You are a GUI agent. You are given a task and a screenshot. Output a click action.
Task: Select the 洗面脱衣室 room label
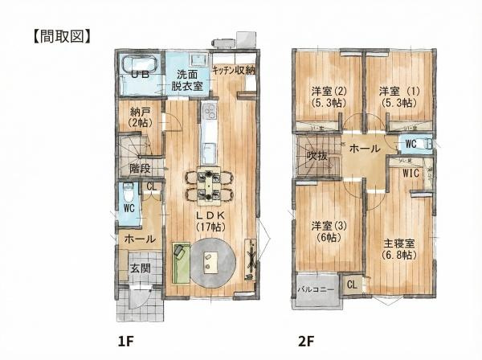187,76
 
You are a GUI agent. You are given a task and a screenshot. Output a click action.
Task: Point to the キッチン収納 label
234,71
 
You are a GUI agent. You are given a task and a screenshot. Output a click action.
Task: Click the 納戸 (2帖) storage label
140,118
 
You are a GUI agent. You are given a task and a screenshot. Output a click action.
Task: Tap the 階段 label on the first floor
140,169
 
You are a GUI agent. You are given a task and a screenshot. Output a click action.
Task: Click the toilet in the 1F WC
129,194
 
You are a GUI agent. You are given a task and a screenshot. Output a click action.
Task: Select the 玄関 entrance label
139,268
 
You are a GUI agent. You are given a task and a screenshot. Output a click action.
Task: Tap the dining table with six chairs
209,184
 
